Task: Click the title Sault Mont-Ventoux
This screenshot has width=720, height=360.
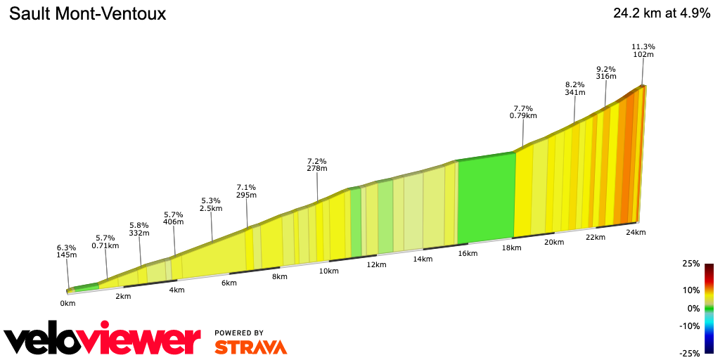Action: pyautogui.click(x=88, y=13)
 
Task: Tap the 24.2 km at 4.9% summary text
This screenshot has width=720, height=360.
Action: pyautogui.click(x=662, y=13)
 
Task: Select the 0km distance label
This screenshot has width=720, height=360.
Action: pyautogui.click(x=67, y=303)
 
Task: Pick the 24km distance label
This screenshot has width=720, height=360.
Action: pyautogui.click(x=636, y=232)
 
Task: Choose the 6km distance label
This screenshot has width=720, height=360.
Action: pyautogui.click(x=229, y=283)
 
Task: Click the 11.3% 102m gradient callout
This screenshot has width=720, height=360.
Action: pyautogui.click(x=643, y=51)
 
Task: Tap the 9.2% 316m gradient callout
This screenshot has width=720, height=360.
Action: pyautogui.click(x=605, y=73)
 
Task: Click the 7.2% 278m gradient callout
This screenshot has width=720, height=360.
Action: pyautogui.click(x=317, y=165)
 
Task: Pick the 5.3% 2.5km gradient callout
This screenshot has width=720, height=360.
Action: pyautogui.click(x=211, y=205)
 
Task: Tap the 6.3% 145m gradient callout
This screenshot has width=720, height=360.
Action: pyautogui.click(x=67, y=252)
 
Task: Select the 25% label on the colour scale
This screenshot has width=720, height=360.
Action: pyautogui.click(x=690, y=264)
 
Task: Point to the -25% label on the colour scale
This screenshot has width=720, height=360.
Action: pyautogui.click(x=689, y=353)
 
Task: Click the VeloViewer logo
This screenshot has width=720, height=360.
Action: pyautogui.click(x=103, y=339)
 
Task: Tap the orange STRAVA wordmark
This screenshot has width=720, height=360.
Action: pyautogui.click(x=250, y=347)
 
